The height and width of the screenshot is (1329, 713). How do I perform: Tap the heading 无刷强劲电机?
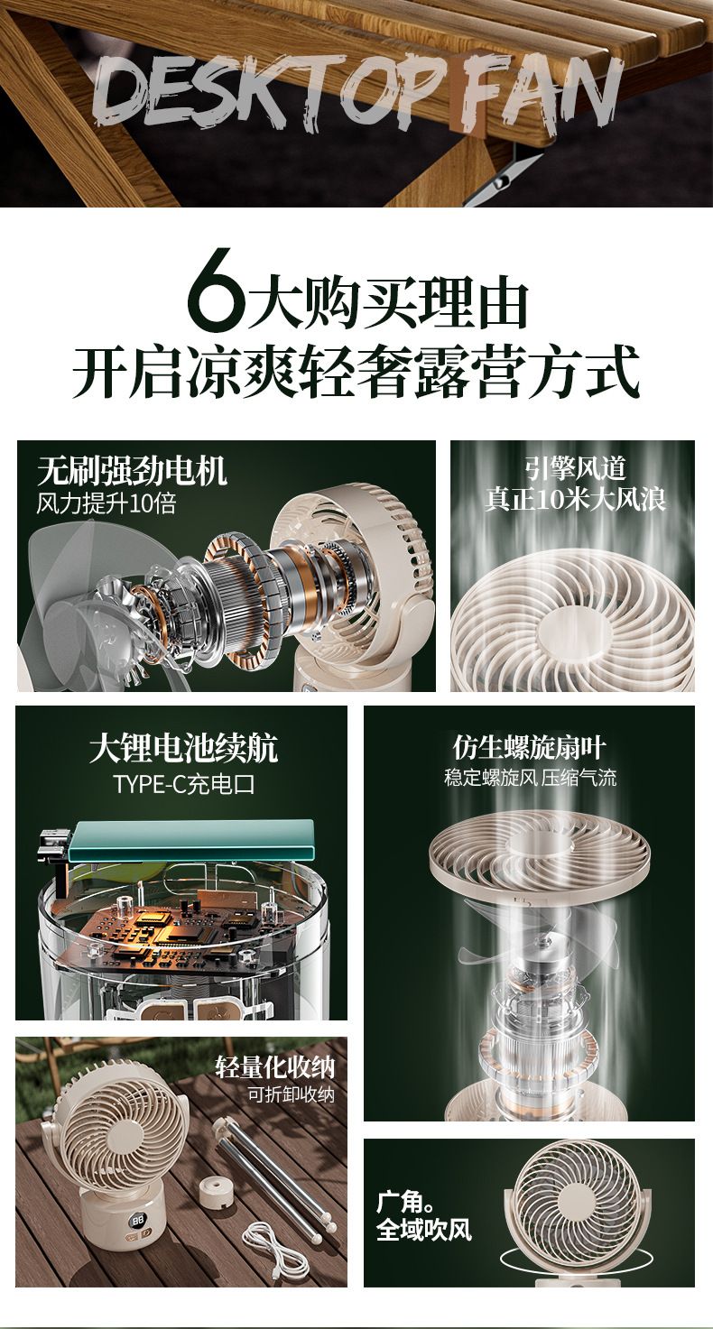click(x=132, y=471)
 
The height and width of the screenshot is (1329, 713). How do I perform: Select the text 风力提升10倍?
click(x=106, y=503)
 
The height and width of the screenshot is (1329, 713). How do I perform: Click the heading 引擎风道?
click(x=575, y=468)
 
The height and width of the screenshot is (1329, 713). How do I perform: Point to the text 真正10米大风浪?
click(x=575, y=499)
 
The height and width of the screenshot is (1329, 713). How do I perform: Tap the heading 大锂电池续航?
click(x=183, y=749)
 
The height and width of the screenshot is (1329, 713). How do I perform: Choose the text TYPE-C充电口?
click(x=184, y=784)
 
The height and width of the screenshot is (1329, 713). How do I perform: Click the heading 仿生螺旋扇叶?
click(x=529, y=747)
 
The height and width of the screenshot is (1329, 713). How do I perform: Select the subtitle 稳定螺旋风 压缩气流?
click(x=530, y=777)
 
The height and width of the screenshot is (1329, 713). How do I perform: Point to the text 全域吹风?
click(x=424, y=1230)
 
